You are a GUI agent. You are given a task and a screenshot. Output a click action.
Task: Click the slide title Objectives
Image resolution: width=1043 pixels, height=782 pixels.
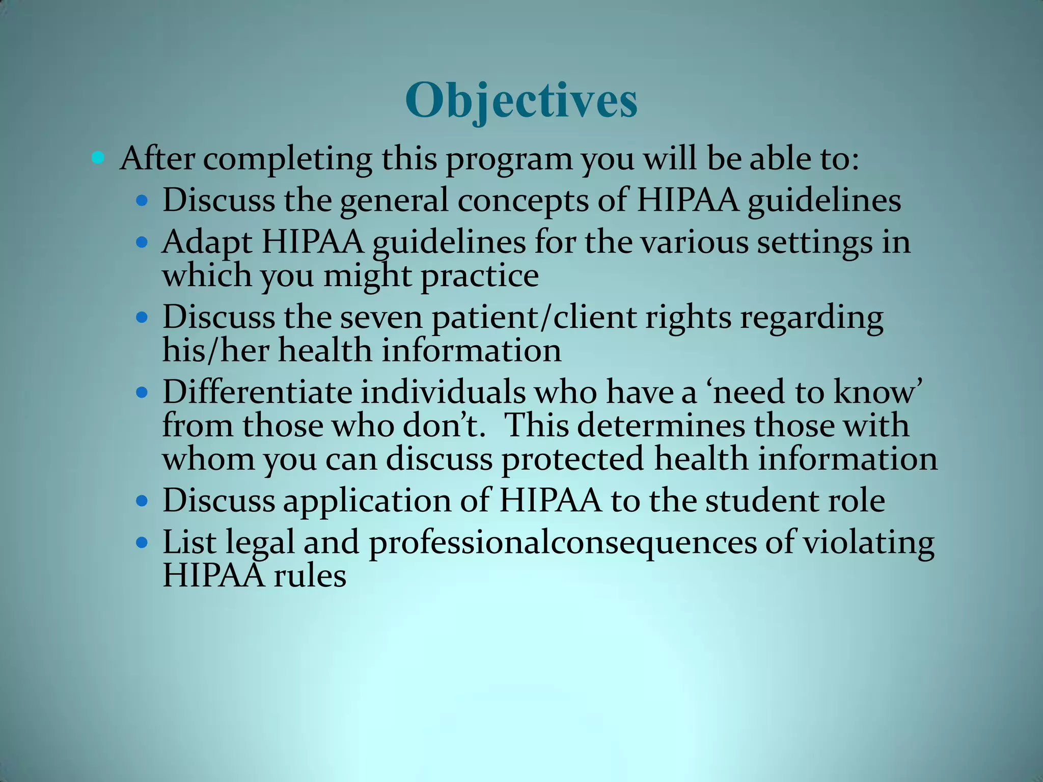521,101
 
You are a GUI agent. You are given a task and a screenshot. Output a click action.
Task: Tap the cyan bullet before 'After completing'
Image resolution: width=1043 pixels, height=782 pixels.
98,158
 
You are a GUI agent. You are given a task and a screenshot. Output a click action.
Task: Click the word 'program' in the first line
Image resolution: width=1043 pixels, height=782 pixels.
509,160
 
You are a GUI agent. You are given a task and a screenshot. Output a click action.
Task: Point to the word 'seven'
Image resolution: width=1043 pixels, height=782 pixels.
381,318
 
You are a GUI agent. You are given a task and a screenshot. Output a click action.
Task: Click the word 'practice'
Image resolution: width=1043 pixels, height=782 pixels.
479,277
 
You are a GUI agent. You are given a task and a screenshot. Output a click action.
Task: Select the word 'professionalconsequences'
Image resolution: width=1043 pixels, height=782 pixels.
563,543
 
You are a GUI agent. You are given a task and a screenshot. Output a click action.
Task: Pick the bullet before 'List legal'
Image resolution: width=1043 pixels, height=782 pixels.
142,542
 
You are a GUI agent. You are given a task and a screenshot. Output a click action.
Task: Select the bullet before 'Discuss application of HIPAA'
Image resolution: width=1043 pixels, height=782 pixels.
142,500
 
